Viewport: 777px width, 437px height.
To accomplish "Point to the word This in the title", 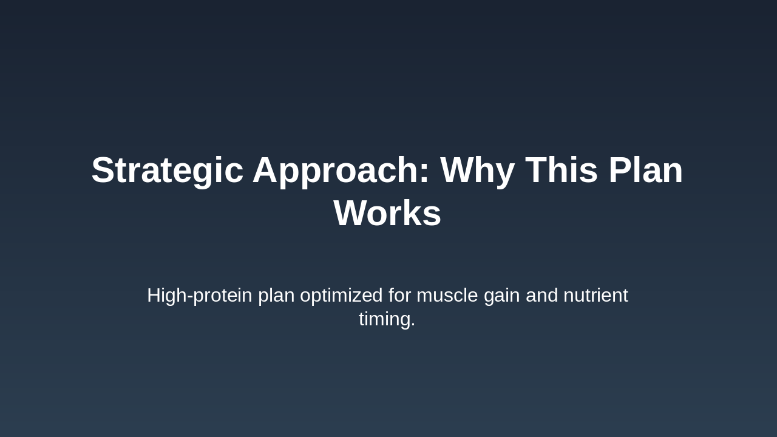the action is pyautogui.click(x=562, y=169).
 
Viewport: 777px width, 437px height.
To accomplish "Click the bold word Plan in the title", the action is pyautogui.click(x=646, y=169).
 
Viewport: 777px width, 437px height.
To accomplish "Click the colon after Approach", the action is pyautogui.click(x=424, y=173).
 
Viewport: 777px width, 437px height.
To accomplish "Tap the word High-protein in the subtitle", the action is pyautogui.click(x=200, y=296).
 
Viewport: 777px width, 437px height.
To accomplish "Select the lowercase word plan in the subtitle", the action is pyautogui.click(x=276, y=296).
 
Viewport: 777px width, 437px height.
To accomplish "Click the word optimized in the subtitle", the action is pyautogui.click(x=341, y=296).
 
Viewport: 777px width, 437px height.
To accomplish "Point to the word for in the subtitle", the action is pyautogui.click(x=399, y=295).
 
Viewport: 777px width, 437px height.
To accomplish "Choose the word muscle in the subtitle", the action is pyautogui.click(x=447, y=295).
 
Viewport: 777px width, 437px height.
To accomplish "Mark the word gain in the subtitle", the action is pyautogui.click(x=502, y=296).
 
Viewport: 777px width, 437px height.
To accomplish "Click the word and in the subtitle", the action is pyautogui.click(x=542, y=295).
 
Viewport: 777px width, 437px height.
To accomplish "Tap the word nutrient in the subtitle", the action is pyautogui.click(x=596, y=295).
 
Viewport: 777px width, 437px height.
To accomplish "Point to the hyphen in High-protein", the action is pyautogui.click(x=190, y=297).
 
